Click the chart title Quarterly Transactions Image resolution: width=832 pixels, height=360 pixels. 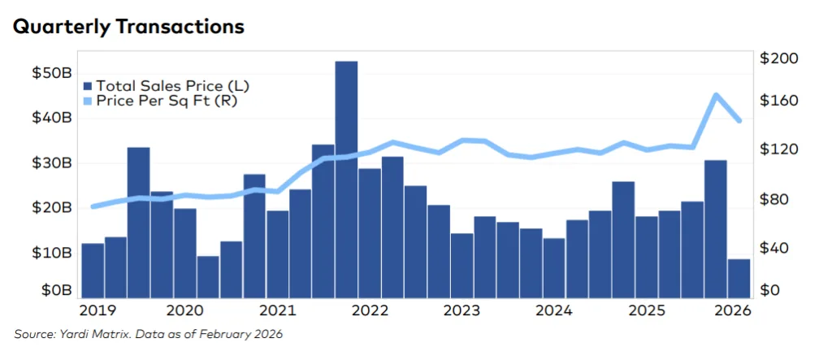(x=128, y=26)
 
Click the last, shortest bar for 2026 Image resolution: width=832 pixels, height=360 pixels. (x=739, y=278)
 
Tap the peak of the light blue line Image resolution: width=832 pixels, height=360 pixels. (x=716, y=95)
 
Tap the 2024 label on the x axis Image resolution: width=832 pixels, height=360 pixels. (x=556, y=310)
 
